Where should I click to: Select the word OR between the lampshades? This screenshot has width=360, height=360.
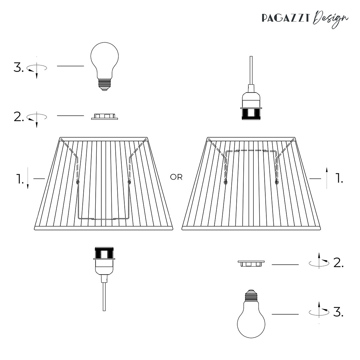coord(176,177)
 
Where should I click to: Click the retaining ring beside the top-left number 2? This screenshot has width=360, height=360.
coord(104,116)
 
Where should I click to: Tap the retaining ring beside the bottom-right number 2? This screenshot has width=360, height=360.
coord(251,264)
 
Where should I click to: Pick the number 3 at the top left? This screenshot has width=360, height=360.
coord(18,67)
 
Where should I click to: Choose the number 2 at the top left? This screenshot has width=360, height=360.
coord(18,117)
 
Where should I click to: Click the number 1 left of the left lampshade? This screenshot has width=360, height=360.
coord(20,179)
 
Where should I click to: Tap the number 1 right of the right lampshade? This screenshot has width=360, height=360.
coord(339,179)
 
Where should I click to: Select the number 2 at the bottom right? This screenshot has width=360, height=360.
coord(338,263)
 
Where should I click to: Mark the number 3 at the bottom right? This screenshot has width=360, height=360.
coord(338,312)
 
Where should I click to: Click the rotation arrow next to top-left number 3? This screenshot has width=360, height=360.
coord(37,68)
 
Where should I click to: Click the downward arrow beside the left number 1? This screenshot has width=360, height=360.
coord(28,179)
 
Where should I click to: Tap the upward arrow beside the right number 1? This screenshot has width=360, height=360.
coord(327,179)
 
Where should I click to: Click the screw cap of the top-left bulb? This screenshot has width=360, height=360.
coord(105,85)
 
